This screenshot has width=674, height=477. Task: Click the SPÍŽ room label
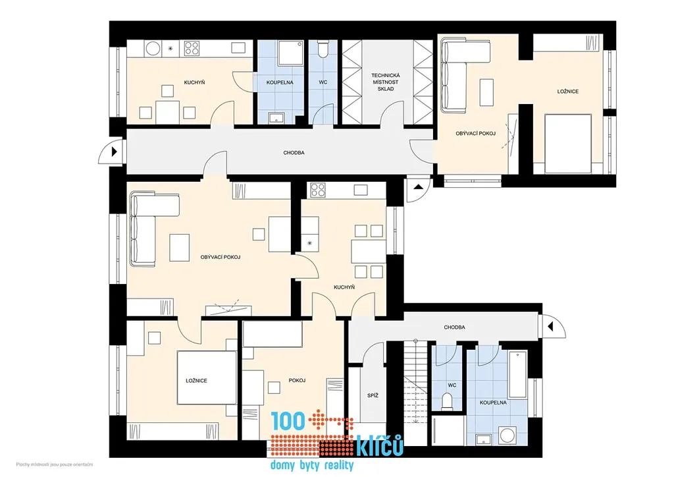point(373,395)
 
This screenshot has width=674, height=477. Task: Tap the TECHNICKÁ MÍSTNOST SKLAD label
point(386,82)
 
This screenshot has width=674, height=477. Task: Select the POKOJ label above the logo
point(297,380)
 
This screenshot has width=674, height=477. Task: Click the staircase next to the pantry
point(416,392)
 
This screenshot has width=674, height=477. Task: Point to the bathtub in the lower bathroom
point(517,374)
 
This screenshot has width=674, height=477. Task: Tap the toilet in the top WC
point(323,49)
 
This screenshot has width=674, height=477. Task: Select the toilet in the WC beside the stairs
point(448,401)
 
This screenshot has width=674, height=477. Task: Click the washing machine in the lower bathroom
point(509,434)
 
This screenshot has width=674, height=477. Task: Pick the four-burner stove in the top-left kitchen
point(192,48)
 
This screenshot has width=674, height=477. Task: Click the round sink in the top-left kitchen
point(153,48)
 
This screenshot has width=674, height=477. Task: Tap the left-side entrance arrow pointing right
point(115,152)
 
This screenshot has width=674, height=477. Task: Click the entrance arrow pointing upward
point(418,187)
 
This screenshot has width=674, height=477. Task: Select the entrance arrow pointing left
point(550,327)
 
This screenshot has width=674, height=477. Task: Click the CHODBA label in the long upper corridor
point(294,153)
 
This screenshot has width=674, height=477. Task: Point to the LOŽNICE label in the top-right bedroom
point(568,91)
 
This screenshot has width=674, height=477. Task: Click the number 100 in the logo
point(288,421)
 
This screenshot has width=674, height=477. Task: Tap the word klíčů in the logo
point(380,445)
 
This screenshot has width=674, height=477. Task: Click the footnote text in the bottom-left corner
point(55,464)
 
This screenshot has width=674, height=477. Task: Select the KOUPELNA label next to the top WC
point(280,82)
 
